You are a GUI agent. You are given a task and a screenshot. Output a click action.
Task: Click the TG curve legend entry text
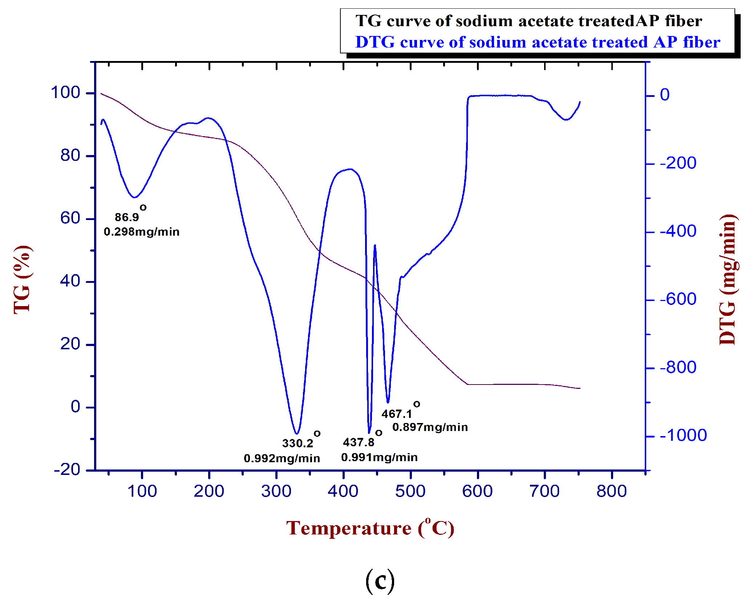click(529, 21)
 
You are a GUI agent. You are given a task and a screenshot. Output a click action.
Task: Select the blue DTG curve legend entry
click(537, 42)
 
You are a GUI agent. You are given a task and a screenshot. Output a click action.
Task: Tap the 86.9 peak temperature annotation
click(127, 217)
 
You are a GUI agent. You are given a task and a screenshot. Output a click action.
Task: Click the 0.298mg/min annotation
click(142, 232)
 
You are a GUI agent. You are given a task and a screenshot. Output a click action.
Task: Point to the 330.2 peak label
click(297, 443)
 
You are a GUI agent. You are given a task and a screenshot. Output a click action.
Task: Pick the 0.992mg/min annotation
click(282, 458)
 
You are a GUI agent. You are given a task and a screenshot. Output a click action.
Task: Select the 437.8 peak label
click(359, 442)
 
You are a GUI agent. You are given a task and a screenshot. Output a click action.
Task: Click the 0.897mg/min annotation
click(430, 427)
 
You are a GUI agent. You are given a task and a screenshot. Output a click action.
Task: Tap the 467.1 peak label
click(397, 414)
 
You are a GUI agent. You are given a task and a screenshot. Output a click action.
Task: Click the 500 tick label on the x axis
click(410, 491)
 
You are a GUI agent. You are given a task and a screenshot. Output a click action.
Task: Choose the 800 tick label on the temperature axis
click(612, 491)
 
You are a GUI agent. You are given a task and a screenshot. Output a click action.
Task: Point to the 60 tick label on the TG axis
click(70, 218)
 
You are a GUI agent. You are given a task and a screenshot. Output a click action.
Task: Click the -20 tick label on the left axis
click(67, 469)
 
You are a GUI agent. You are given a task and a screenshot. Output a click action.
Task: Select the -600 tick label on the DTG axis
click(678, 299)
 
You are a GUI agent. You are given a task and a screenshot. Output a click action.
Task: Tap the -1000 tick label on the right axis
click(683, 435)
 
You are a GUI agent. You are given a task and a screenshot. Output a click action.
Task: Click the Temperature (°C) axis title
click(370, 528)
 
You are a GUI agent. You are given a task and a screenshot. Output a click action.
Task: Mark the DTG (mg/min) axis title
click(728, 280)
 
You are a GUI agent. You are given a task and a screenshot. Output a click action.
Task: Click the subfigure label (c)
click(380, 581)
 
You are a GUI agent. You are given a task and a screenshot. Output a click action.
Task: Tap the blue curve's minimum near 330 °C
click(297, 434)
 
